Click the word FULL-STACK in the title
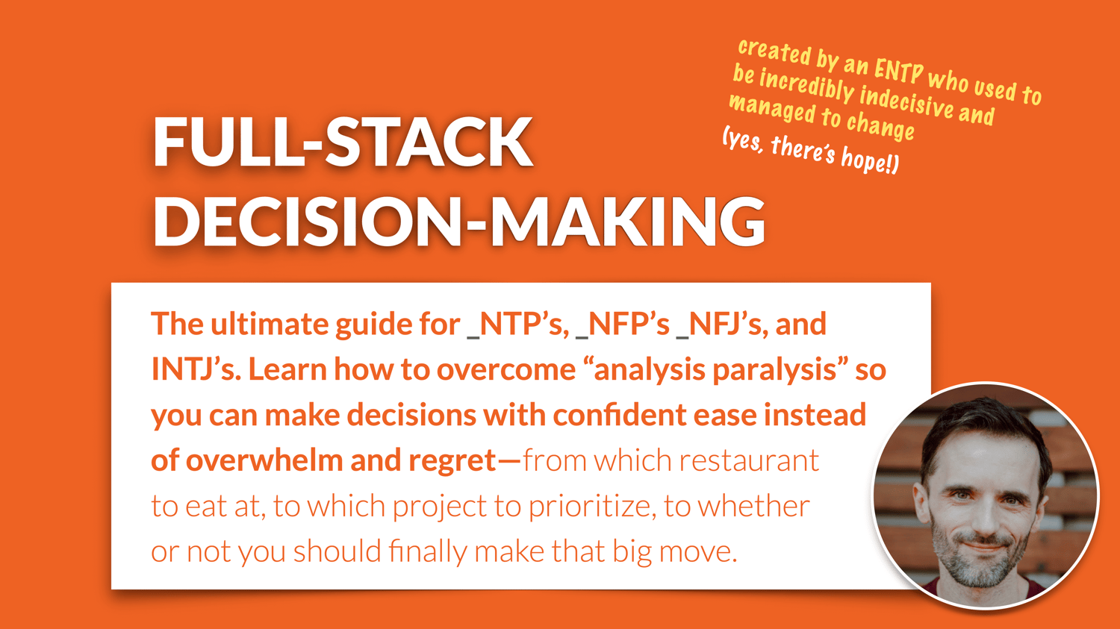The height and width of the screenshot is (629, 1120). pos(343,142)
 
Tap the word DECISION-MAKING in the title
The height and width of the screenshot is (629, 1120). pos(459,222)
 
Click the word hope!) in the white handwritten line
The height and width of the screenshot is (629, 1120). pos(871,161)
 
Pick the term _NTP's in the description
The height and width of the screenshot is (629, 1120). pos(517,325)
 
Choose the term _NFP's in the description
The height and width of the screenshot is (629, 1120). pos(623,325)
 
